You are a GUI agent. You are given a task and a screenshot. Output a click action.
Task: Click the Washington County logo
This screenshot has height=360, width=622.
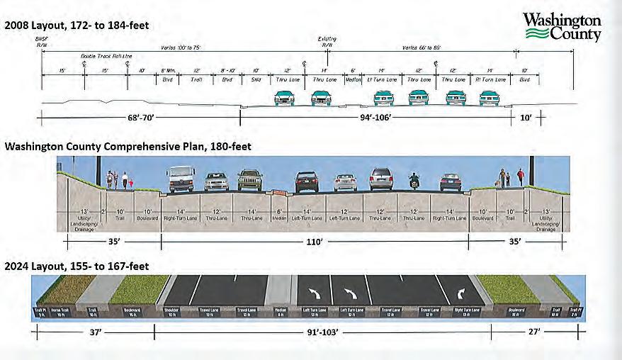coord(562,27)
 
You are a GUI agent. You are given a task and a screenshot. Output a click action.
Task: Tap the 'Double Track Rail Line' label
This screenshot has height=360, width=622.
coord(106,55)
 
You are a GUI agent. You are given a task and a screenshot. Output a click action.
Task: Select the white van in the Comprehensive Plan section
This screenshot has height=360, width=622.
coord(181,179)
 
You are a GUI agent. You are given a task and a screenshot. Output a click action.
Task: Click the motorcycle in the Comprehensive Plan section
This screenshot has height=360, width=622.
coord(414,181)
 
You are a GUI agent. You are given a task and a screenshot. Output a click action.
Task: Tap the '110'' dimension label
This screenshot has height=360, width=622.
coord(315,242)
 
